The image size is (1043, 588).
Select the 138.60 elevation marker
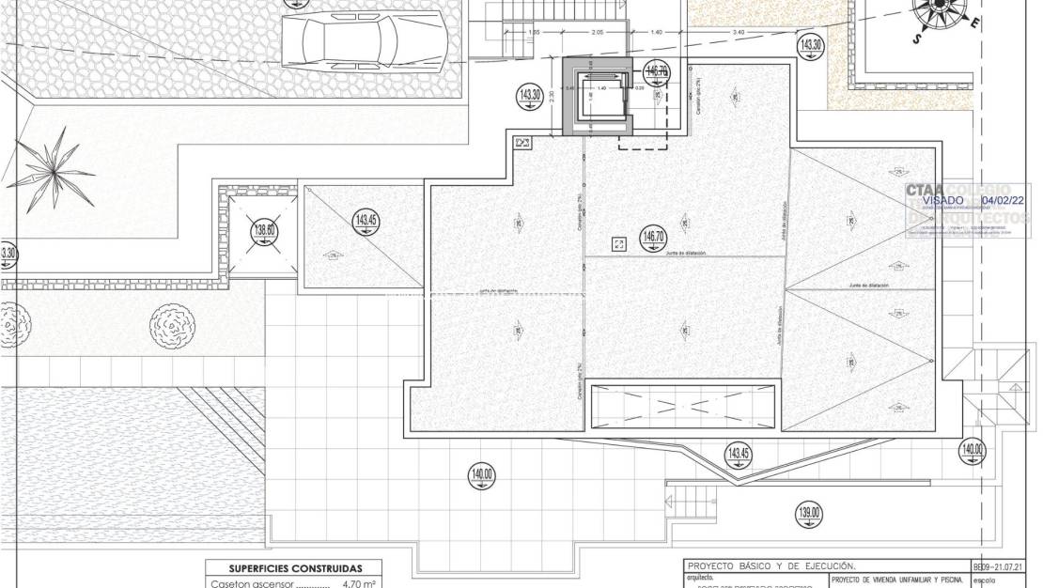pyautogui.click(x=265, y=230)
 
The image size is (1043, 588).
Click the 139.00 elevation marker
pyautogui.click(x=809, y=513)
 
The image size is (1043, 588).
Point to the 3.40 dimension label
pyautogui.click(x=739, y=33)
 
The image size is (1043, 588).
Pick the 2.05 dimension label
pyautogui.click(x=597, y=33)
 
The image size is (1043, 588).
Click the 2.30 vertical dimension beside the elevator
pyautogui.click(x=553, y=95)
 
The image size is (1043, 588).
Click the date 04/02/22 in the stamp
pyautogui.click(x=1004, y=200)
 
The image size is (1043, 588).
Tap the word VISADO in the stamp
pyautogui.click(x=942, y=200)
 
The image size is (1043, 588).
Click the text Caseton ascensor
pyautogui.click(x=250, y=583)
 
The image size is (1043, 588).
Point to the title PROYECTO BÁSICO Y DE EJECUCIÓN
pyautogui.click(x=771, y=566)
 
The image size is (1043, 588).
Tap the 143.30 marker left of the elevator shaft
pyautogui.click(x=530, y=95)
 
